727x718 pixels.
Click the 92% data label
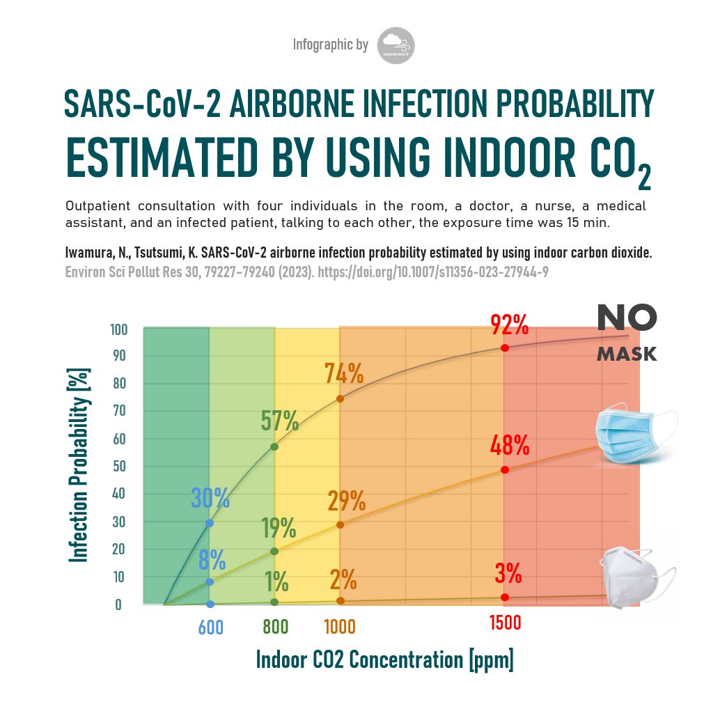click(x=509, y=325)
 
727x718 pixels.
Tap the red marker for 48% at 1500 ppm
click(x=505, y=469)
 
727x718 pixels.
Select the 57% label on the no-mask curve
click(x=279, y=421)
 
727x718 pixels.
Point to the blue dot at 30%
click(x=210, y=523)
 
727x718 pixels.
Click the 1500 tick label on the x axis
click(x=505, y=623)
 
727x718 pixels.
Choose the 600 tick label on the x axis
click(x=210, y=627)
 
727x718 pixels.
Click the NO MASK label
click(x=626, y=333)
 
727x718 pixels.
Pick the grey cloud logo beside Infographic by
click(x=396, y=46)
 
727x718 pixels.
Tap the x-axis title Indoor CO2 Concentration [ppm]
click(x=384, y=660)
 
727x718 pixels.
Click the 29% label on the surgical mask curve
click(x=346, y=501)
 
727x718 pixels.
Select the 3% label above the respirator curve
click(x=508, y=574)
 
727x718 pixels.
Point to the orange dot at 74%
click(x=340, y=398)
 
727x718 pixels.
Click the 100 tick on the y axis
click(x=118, y=329)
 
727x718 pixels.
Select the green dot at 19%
click(x=274, y=551)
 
